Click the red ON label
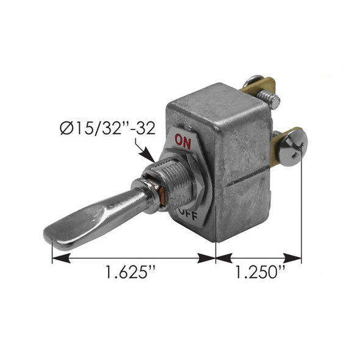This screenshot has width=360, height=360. (183, 140)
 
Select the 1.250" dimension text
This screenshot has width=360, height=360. (259, 273)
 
